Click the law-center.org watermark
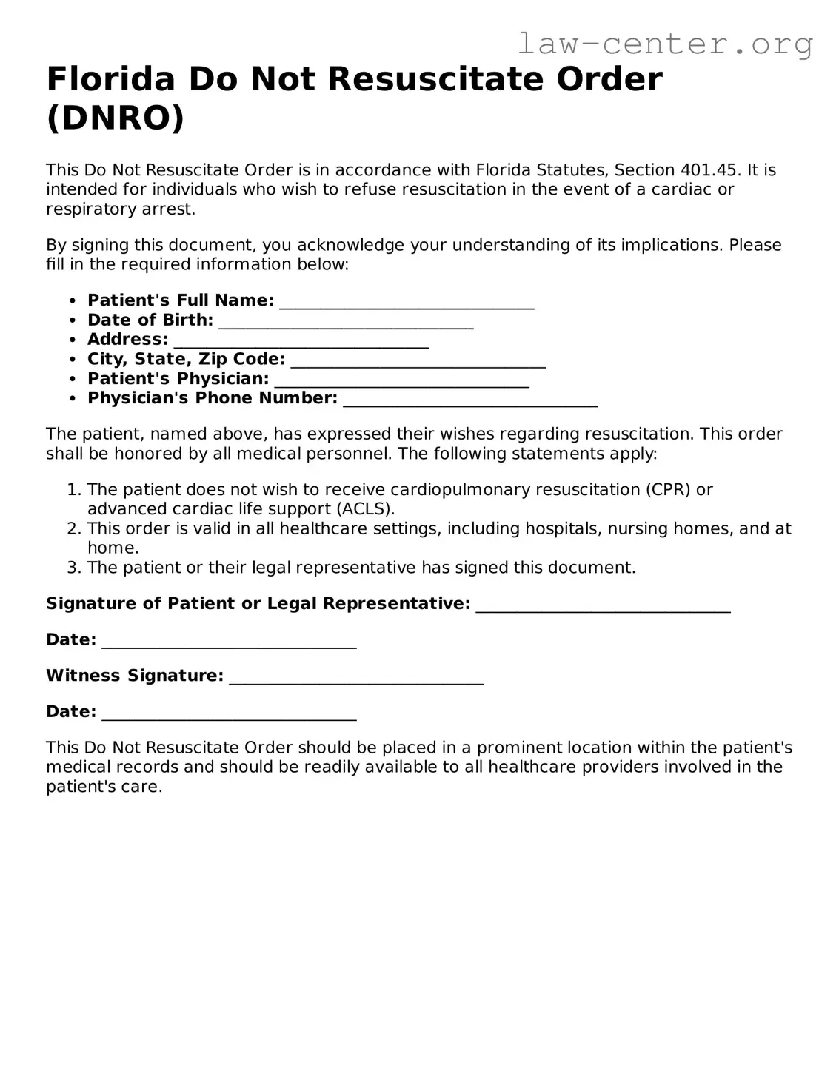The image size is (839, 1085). (x=665, y=44)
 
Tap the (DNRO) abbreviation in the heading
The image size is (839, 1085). (x=115, y=118)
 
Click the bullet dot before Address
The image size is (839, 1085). (x=72, y=340)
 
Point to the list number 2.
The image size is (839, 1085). (x=73, y=528)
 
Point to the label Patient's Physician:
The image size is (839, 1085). (x=178, y=379)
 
